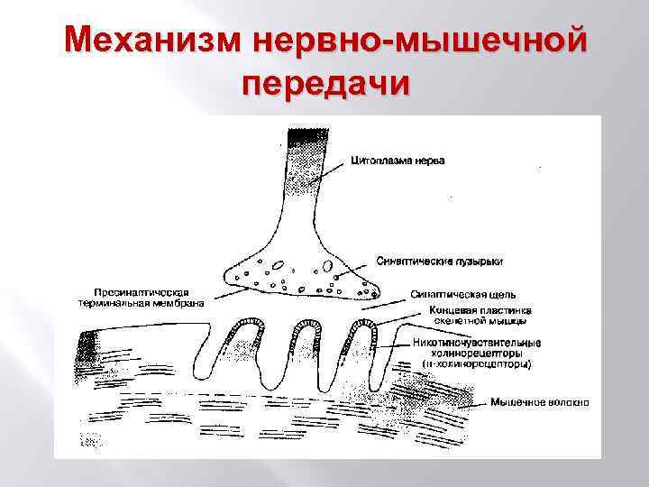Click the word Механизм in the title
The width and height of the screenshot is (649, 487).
pyautogui.click(x=153, y=41)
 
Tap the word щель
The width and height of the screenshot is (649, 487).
pyautogui.click(x=500, y=294)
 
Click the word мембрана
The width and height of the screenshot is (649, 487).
pyautogui.click(x=178, y=303)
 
